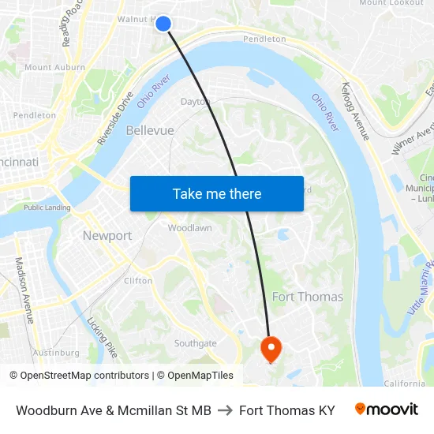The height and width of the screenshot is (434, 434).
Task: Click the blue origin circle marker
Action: pyautogui.click(x=163, y=24)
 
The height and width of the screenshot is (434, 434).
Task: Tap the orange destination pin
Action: pyautogui.click(x=270, y=348)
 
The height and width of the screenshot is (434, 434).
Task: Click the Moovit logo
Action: pyautogui.click(x=386, y=410)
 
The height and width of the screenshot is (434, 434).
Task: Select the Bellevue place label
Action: pyautogui.click(x=149, y=130)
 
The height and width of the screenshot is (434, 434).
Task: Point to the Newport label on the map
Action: pyautogui.click(x=107, y=236)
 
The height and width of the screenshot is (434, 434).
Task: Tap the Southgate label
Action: pyautogui.click(x=195, y=343)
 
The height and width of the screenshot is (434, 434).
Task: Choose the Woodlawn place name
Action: pyautogui.click(x=189, y=228)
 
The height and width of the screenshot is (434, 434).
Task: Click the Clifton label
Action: pyautogui.click(x=138, y=280)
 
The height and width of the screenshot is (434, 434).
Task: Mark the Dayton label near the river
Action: pyautogui.click(x=195, y=102)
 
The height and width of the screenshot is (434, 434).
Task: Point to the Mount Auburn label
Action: pyautogui.click(x=54, y=68)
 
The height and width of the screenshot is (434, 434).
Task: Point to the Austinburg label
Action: pyautogui.click(x=56, y=353)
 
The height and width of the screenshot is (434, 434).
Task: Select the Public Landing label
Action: pyautogui.click(x=47, y=208)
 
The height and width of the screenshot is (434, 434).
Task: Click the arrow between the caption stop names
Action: pyautogui.click(x=225, y=410)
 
